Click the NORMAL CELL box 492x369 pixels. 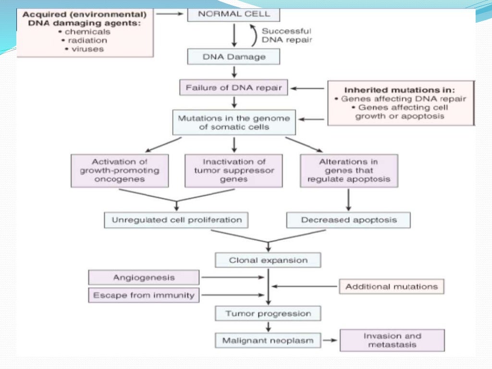pyautogui.click(x=234, y=14)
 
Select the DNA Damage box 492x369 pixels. pyautogui.click(x=234, y=57)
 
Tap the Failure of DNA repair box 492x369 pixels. pyautogui.click(x=234, y=88)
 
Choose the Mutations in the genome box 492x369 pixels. pyautogui.click(x=234, y=123)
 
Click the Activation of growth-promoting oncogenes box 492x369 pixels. pyautogui.click(x=120, y=171)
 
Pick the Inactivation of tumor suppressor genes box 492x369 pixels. pyautogui.click(x=234, y=171)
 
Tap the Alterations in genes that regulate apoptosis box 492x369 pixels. pyautogui.click(x=349, y=171)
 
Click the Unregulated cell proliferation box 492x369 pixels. pyautogui.click(x=176, y=220)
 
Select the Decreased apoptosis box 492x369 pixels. pyautogui.click(x=349, y=220)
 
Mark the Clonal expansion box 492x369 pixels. pyautogui.click(x=268, y=260)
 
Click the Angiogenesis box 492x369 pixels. pyautogui.click(x=144, y=277)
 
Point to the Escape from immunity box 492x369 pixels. pyautogui.click(x=144, y=295)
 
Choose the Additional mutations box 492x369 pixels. pyautogui.click(x=392, y=286)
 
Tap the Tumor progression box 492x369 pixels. pyautogui.click(x=268, y=314)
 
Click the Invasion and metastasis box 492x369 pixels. pyautogui.click(x=392, y=340)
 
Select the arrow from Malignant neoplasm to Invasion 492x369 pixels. pyautogui.click(x=330, y=341)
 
